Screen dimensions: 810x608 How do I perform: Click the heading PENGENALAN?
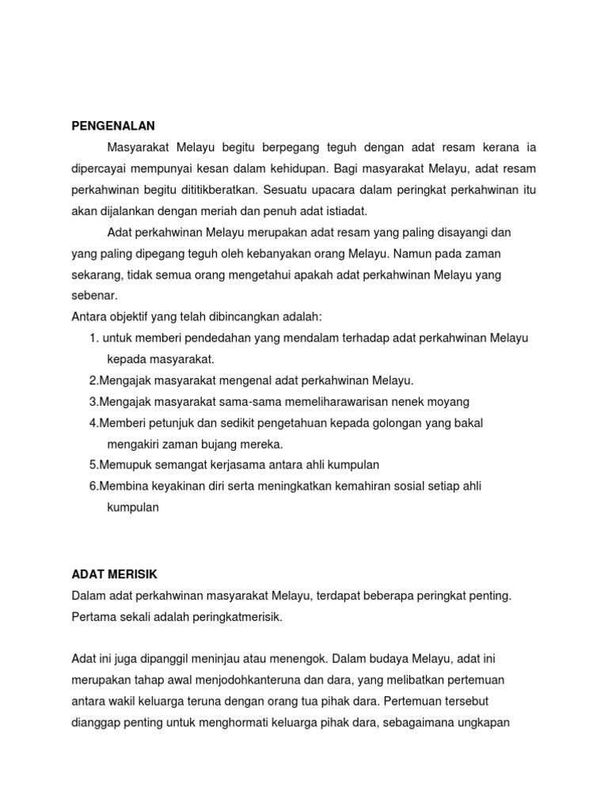point(113,126)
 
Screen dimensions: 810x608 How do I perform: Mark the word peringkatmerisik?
point(237,616)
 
